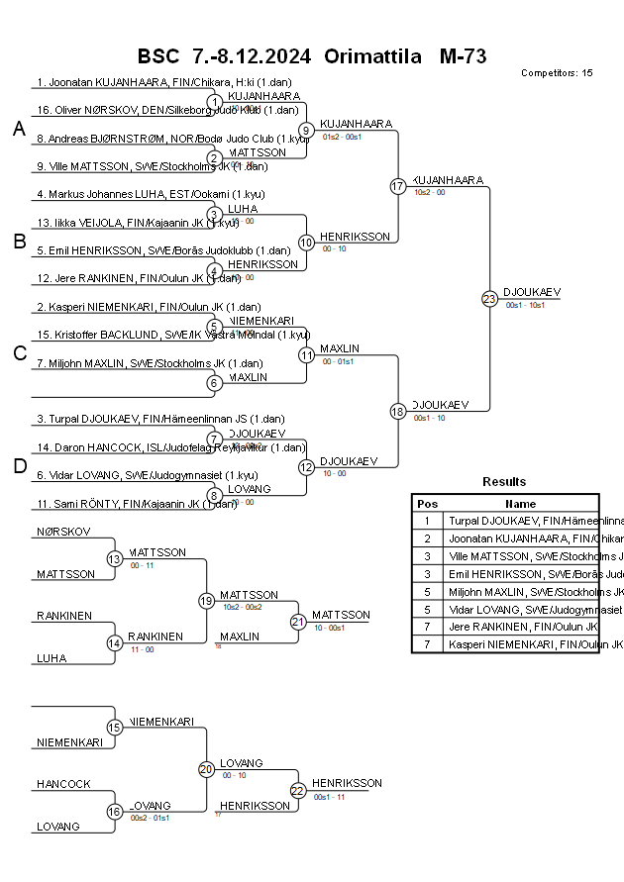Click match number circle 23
pos(489,298)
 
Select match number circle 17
pos(398,186)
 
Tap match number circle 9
pos(307,130)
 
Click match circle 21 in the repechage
pos(298,622)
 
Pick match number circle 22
pos(298,790)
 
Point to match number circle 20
pos(206,769)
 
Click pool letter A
pos(19,130)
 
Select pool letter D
pos(19,467)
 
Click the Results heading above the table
pos(504,482)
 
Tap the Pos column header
pos(427,503)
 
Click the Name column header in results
pos(521,503)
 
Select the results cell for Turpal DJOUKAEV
pos(521,521)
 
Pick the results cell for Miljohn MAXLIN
pos(521,592)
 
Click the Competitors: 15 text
pos(557,73)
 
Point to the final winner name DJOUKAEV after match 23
pos(532,292)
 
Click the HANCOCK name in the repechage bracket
pos(63,784)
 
